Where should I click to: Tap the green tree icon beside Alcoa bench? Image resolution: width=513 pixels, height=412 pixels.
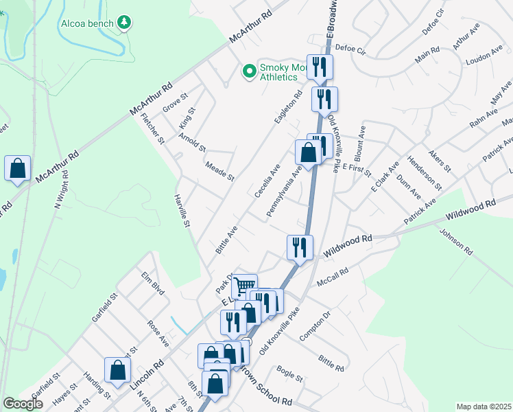tap(124, 23)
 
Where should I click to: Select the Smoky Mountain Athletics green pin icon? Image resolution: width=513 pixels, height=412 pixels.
tap(249, 70)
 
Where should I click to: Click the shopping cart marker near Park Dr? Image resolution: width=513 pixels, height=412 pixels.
tap(244, 285)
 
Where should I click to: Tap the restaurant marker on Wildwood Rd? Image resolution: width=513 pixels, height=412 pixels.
tap(300, 247)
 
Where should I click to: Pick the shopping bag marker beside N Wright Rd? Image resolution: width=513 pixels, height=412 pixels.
tap(17, 168)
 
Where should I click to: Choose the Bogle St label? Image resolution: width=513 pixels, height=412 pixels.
tap(289, 374)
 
